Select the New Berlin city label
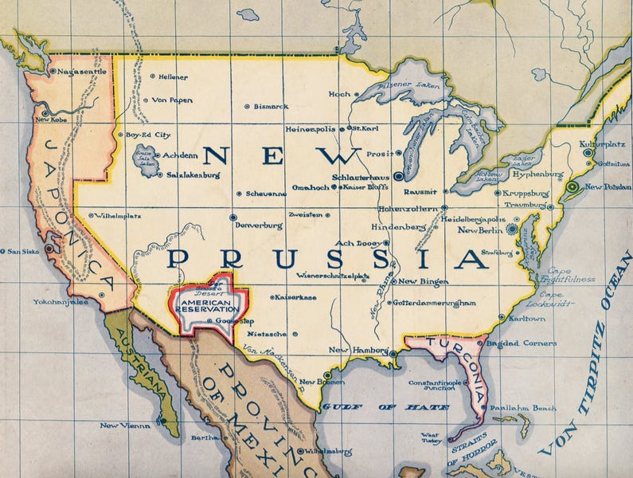coord(481,230)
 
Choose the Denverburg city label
coord(259,225)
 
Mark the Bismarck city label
coord(271,106)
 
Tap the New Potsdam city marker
coord(572,186)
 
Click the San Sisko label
coord(23,252)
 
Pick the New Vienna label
coord(124,425)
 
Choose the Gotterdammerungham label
coord(434,303)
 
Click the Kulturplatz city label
coord(603,145)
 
